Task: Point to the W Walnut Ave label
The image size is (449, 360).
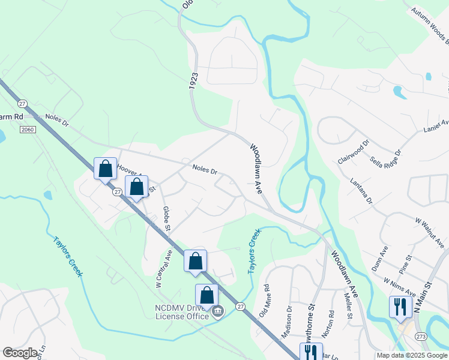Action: coord(429,232)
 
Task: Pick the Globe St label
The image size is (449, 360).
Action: coord(166,219)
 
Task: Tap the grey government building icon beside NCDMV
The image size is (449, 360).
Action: coord(217,311)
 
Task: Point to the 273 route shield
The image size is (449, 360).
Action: coord(422,337)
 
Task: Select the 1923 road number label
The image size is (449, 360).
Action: coord(193,82)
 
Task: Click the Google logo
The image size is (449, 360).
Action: coord(20,353)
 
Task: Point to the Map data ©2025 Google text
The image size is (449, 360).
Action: coord(412,355)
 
